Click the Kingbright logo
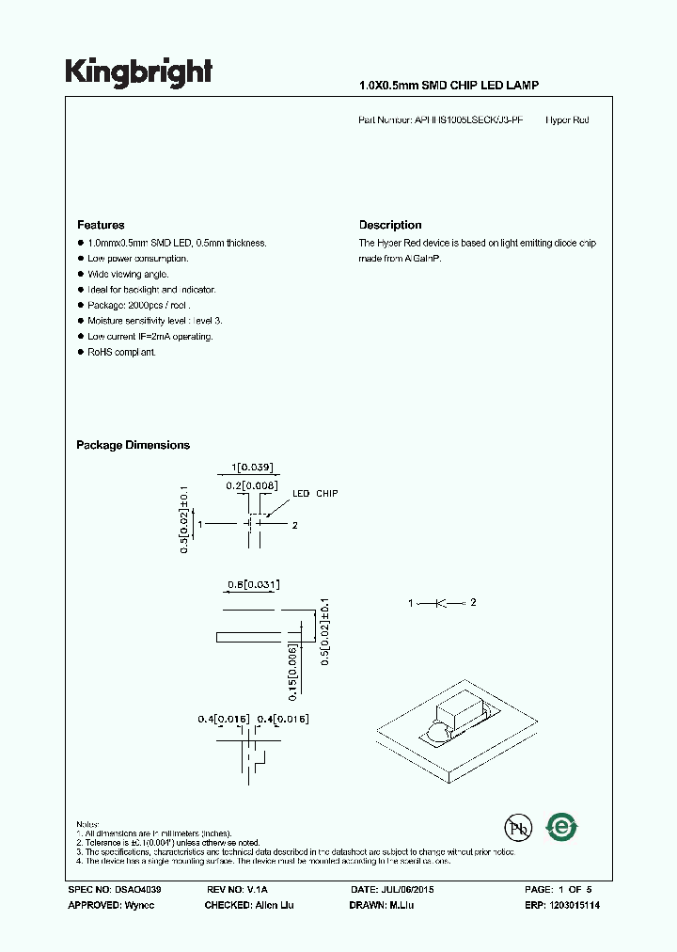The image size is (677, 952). click(138, 72)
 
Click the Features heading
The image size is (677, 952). click(101, 225)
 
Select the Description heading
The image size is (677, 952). click(390, 225)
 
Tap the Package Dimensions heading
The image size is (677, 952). click(133, 445)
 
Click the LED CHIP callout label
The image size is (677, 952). click(314, 494)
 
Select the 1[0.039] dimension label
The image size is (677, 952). click(252, 468)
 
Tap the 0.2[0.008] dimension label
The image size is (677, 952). click(253, 485)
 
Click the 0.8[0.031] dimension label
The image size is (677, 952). click(253, 584)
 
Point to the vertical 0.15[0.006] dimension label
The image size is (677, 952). click(293, 671)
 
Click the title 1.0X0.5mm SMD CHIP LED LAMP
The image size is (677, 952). click(449, 86)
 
